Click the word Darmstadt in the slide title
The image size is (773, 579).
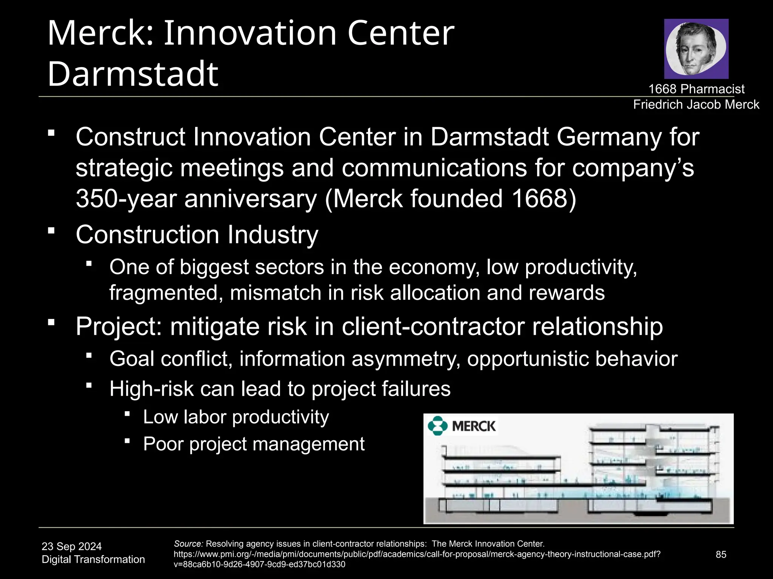133,74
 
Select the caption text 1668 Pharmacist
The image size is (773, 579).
696,89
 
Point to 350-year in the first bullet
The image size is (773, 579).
126,199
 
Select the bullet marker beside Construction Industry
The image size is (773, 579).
52,230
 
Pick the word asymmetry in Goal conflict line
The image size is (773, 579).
406,358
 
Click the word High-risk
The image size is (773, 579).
151,389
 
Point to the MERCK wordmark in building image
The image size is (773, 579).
474,426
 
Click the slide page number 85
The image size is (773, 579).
721,554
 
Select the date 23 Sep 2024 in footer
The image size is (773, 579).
72,546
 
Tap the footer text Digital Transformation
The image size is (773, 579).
93,559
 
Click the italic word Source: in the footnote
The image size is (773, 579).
188,544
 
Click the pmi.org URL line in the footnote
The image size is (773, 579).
417,554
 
